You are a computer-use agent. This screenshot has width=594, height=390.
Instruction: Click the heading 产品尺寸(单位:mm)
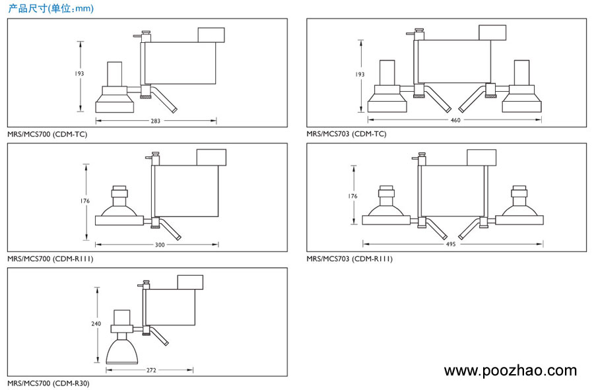51,9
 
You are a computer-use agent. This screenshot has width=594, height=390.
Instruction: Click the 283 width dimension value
156,121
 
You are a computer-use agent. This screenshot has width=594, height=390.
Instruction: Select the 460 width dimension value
455,120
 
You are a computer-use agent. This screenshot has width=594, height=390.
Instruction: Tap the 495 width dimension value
451,244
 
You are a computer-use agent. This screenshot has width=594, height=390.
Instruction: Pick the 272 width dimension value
151,370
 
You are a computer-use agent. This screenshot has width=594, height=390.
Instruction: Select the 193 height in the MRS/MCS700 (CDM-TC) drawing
80,74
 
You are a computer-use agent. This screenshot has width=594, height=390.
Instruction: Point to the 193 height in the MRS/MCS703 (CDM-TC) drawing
360,75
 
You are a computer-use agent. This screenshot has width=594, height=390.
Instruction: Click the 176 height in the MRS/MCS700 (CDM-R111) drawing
85,201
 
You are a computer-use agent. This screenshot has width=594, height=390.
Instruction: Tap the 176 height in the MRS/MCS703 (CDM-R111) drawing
353,196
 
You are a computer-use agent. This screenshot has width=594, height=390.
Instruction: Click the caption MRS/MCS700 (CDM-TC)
47,134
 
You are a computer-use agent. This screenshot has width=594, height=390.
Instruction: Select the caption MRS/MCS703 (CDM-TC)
346,134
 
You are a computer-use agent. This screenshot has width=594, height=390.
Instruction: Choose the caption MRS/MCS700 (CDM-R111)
50,259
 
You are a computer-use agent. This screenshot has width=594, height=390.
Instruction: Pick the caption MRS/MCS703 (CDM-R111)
349,259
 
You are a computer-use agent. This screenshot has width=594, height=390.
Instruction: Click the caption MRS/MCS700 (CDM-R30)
48,383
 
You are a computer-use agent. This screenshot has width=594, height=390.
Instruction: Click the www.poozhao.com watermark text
510,371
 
